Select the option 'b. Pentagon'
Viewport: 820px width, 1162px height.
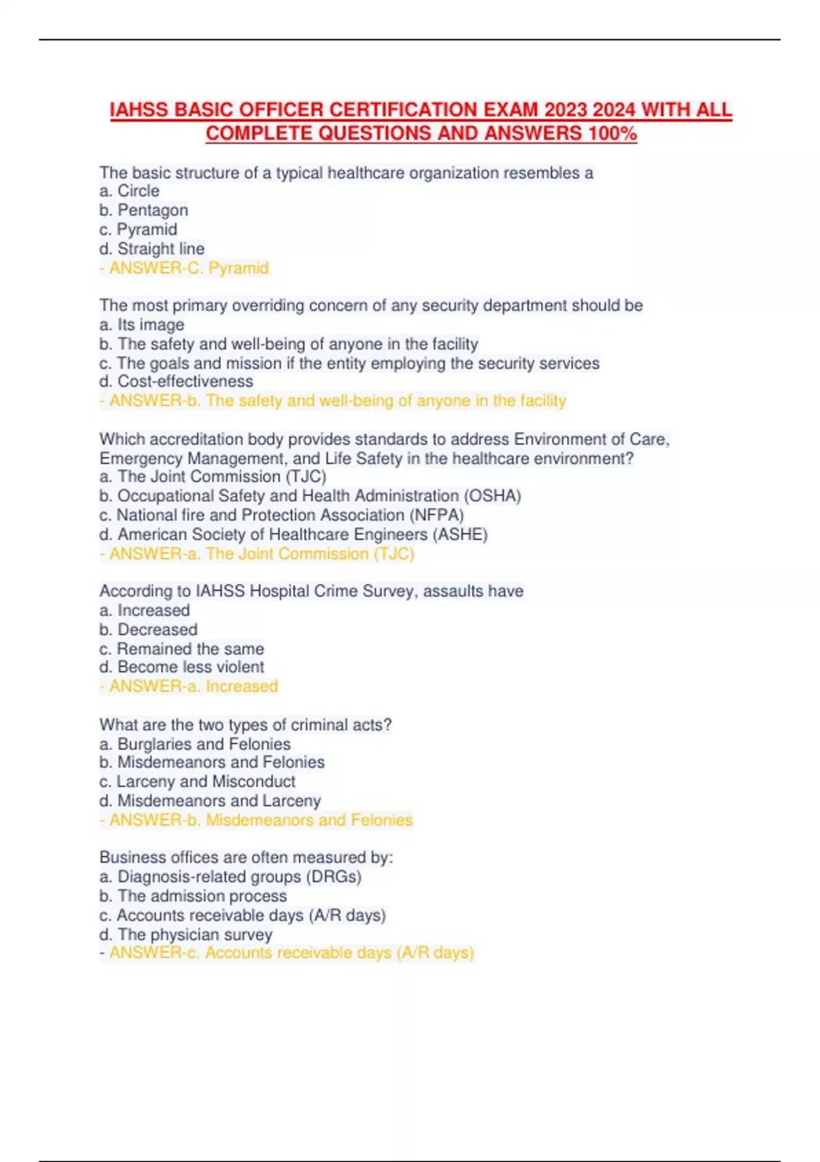143,211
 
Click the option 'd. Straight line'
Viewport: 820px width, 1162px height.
152,249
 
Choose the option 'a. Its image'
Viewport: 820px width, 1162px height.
141,325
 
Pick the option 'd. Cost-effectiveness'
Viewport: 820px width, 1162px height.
176,381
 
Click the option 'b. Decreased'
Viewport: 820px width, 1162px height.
148,630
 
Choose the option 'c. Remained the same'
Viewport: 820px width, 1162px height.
182,649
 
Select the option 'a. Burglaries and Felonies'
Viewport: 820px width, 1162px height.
195,744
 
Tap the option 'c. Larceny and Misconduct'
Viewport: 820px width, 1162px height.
197,781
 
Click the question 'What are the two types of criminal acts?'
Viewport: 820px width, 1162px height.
245,725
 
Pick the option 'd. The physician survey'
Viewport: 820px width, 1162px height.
186,934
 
